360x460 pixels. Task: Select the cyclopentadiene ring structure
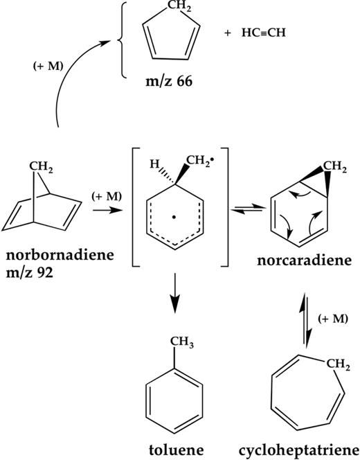coord(170,43)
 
